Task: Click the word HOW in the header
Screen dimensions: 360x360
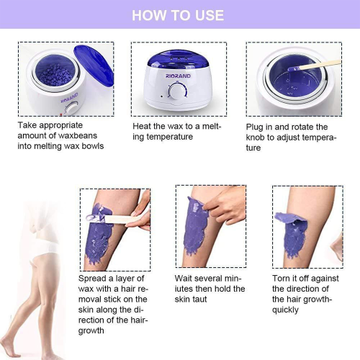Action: click(x=149, y=15)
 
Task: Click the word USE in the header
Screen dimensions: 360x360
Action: click(x=207, y=15)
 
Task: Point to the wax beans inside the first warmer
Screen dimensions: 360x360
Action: click(x=52, y=71)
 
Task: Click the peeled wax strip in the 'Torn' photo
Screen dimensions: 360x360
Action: click(x=288, y=219)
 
